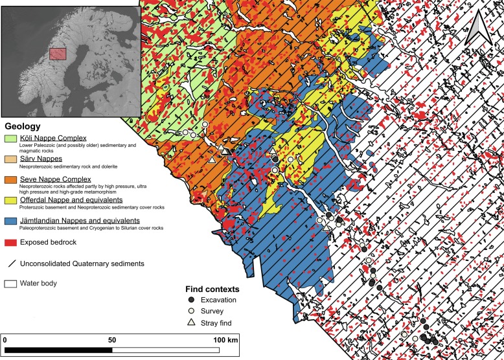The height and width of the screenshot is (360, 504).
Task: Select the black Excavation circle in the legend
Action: coord(190,300)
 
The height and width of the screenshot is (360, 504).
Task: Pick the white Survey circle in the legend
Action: coord(190,311)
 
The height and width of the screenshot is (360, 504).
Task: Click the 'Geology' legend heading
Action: coord(23,127)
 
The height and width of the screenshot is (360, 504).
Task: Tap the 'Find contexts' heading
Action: coord(212,289)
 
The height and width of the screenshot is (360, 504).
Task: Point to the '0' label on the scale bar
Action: coord(5,339)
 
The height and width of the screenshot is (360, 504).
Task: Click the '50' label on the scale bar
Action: coord(112,339)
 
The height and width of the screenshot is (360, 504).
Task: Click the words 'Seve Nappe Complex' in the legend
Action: coord(55,179)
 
